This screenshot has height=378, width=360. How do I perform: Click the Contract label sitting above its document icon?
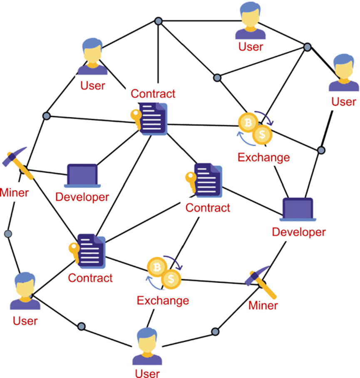tap(153, 93)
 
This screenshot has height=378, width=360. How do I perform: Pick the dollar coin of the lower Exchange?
tap(171, 279)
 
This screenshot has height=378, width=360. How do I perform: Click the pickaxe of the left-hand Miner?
tap(19, 162)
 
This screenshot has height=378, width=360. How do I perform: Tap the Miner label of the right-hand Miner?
tap(263, 305)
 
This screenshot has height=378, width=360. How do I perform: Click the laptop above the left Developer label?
tap(82, 175)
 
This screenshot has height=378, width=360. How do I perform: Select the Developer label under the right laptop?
tap(299, 231)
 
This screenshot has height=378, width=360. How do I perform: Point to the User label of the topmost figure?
tap(251, 46)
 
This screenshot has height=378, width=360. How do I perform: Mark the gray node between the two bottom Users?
tap(82, 326)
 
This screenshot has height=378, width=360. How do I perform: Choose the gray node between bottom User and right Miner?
tap(215, 332)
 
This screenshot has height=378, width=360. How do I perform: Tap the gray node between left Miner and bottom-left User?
tap(7, 234)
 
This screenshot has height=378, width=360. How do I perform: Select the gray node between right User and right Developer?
tap(321, 150)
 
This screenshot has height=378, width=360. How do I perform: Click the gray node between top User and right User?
tap(307, 47)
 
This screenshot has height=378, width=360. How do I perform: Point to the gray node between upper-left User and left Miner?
tap(46, 115)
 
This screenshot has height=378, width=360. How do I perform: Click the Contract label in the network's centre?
tap(208, 207)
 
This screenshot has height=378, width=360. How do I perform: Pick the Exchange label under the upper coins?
tap(263, 158)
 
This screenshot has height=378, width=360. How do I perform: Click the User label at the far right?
tap(344, 101)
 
